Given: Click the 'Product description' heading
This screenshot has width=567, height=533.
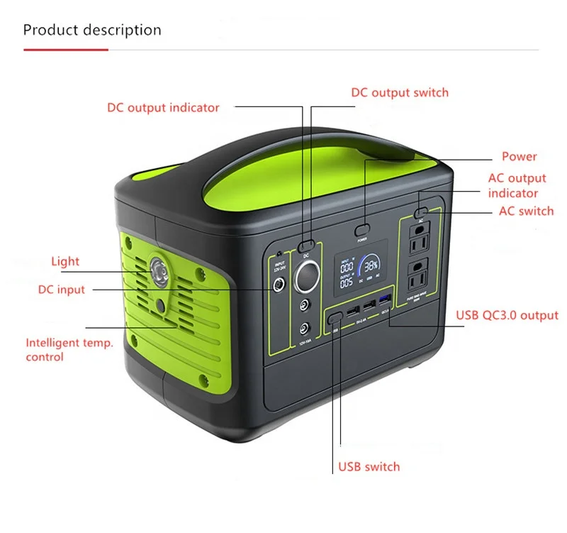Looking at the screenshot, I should point(92,30).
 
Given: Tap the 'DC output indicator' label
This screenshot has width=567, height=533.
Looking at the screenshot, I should point(163,108).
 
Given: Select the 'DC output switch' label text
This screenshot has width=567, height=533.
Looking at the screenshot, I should point(400,92).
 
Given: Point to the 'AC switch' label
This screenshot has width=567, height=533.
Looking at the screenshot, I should point(526,211).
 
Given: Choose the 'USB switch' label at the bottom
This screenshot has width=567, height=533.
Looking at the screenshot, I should point(369,466).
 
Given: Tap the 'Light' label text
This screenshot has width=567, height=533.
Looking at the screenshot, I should point(65,261).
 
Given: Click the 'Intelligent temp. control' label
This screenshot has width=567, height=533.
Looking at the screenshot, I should point(69,350).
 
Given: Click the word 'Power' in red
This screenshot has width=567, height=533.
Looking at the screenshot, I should point(520,157).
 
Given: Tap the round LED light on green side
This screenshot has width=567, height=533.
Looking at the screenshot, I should point(159,270).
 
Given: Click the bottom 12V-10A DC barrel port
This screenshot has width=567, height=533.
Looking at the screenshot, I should point(305,329).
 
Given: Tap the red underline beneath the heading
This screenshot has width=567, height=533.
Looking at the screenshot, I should point(65,50).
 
